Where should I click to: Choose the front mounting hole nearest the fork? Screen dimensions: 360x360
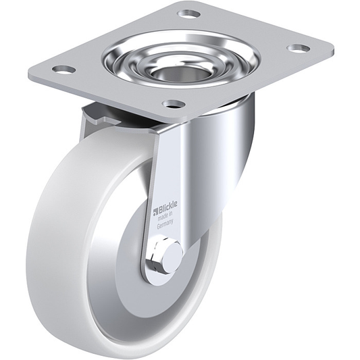pos(174,104)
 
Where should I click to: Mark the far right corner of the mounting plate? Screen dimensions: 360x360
pos(331,51)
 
